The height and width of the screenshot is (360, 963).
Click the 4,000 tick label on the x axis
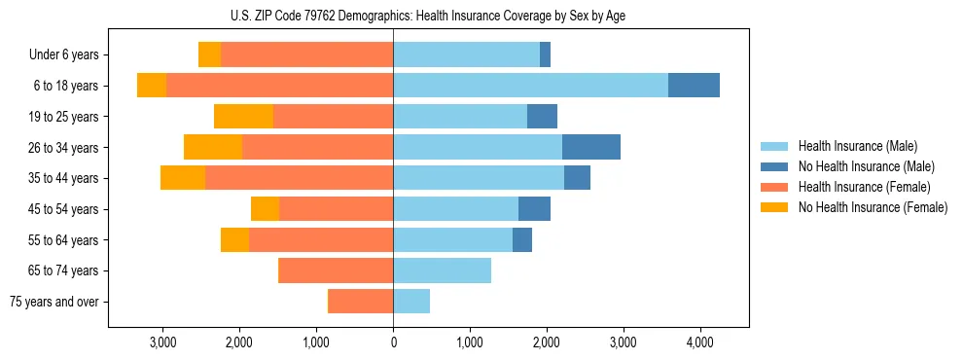click(x=699, y=342)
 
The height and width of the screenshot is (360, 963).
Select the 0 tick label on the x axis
click(x=393, y=342)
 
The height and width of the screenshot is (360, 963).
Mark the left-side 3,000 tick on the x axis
click(x=162, y=342)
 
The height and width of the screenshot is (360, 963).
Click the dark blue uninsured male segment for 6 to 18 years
click(x=694, y=86)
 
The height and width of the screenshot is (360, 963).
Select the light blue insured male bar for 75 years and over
click(x=411, y=302)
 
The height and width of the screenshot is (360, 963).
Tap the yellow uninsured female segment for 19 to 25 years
click(x=243, y=117)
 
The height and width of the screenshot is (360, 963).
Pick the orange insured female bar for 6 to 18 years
click(x=279, y=86)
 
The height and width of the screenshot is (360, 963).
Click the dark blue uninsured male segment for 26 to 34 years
click(x=591, y=148)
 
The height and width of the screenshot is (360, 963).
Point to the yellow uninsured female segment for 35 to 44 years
click(x=183, y=178)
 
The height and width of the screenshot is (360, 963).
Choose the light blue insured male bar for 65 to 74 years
click(x=442, y=270)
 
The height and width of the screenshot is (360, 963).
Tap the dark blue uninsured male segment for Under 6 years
click(x=545, y=55)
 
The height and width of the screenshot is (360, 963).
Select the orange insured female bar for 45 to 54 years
click(x=336, y=209)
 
